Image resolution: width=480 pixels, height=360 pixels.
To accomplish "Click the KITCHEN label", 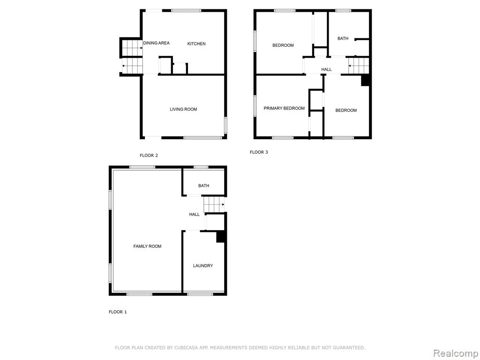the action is (196, 44).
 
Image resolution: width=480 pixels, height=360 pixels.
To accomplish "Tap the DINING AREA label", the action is (157, 43).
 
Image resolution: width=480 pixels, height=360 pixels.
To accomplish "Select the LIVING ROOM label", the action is (183, 109).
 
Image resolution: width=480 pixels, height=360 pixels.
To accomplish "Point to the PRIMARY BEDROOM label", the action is (284, 108).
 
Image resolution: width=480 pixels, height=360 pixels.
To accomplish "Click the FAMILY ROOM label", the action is (147, 246).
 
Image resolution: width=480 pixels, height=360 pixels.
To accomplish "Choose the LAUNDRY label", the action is (203, 266).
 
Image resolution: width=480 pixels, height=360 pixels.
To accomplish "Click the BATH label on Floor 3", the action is (343, 38).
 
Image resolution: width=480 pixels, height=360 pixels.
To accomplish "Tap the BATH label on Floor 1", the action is (203, 186).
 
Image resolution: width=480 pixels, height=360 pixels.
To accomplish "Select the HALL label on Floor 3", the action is (326, 69).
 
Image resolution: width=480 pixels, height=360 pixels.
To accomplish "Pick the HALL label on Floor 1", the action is (195, 215).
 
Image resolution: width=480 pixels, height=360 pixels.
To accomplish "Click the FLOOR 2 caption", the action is (149, 156).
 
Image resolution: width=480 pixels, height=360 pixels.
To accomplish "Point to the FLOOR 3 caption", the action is (259, 152).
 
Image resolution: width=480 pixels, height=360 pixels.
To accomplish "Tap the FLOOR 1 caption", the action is (118, 312).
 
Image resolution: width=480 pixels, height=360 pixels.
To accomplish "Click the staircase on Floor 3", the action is (359, 66).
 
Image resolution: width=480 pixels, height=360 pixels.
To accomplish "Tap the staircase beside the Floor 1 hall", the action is (214, 204).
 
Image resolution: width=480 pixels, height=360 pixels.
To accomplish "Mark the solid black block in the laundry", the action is (221, 237).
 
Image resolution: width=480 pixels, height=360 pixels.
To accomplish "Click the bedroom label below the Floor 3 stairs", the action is (346, 111).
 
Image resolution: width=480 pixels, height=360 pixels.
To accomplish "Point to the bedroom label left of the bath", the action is (283, 45).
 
